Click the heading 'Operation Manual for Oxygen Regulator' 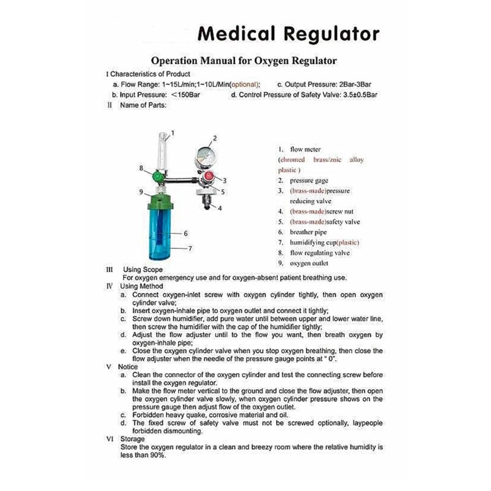[244, 61]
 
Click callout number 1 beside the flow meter [173, 133]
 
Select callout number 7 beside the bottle [190, 249]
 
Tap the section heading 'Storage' [132, 439]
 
